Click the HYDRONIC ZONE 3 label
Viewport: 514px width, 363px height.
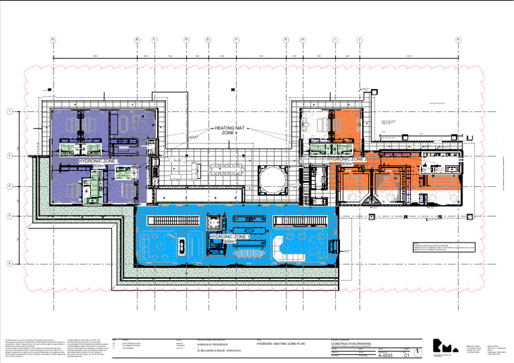point(98,161)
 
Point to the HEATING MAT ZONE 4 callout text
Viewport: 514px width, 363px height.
point(230,130)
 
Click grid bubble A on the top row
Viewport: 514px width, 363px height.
point(52,40)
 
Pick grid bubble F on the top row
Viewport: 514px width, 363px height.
point(236,40)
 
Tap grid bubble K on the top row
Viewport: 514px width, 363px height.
point(458,40)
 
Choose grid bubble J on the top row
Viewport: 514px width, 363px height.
point(359,40)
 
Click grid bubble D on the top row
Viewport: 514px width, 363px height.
point(186,40)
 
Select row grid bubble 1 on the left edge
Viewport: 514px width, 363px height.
point(9,111)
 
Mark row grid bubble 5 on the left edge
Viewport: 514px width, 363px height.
point(9,263)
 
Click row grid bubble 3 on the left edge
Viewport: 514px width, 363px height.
point(9,186)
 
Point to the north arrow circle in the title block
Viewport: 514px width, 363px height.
point(419,352)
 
